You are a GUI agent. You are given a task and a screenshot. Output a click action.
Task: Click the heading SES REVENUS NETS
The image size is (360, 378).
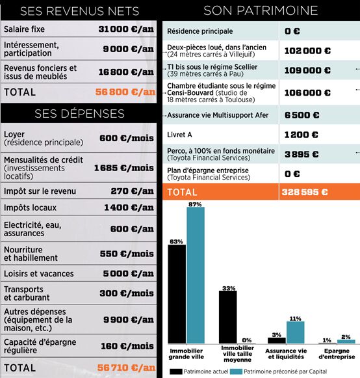[x=80, y=11]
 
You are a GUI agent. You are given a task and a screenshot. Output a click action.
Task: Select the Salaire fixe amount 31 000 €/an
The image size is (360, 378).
[x=126, y=29]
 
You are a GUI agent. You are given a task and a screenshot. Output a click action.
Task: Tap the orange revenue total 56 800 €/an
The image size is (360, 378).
[x=125, y=92]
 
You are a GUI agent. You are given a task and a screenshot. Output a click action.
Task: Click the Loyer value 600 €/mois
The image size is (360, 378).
[x=127, y=138]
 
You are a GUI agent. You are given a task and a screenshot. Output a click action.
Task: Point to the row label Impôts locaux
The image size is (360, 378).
[x=30, y=208]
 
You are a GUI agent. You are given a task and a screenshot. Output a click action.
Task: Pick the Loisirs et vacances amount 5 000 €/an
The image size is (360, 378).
[x=129, y=274]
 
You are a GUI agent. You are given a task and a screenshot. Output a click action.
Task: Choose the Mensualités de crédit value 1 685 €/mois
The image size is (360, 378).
[x=124, y=168]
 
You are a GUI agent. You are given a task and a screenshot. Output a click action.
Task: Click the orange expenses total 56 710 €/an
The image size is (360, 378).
[x=127, y=368]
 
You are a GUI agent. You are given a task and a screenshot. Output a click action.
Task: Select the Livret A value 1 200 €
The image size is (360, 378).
[x=302, y=135]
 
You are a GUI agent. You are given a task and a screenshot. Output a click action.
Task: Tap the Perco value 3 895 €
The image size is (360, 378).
[x=302, y=154]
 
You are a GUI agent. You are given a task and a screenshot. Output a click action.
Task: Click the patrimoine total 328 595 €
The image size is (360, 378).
[x=305, y=192]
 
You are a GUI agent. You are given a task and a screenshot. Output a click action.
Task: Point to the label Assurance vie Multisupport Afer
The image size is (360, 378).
[x=218, y=115]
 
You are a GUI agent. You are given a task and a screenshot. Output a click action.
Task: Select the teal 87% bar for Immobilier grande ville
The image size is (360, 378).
[x=196, y=275]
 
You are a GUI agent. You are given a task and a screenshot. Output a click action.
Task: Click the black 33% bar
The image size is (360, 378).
[x=228, y=317]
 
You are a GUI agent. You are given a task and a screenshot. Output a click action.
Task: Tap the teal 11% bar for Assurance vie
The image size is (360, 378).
[x=296, y=332]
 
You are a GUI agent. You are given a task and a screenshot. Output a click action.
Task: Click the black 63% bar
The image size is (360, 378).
[x=177, y=294]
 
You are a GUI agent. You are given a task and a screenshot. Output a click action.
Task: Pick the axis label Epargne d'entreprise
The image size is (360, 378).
[x=337, y=354]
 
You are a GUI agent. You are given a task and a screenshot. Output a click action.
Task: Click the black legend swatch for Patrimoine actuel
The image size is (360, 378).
[x=176, y=371]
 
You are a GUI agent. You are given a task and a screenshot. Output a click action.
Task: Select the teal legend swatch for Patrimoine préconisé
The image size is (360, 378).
[x=236, y=371]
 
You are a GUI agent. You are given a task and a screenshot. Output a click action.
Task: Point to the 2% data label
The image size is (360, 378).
[x=346, y=337]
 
